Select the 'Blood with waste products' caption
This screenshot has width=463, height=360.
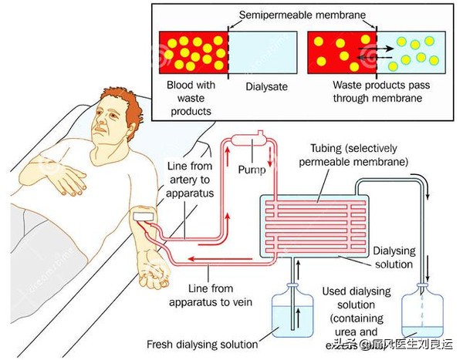pos(190,99)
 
